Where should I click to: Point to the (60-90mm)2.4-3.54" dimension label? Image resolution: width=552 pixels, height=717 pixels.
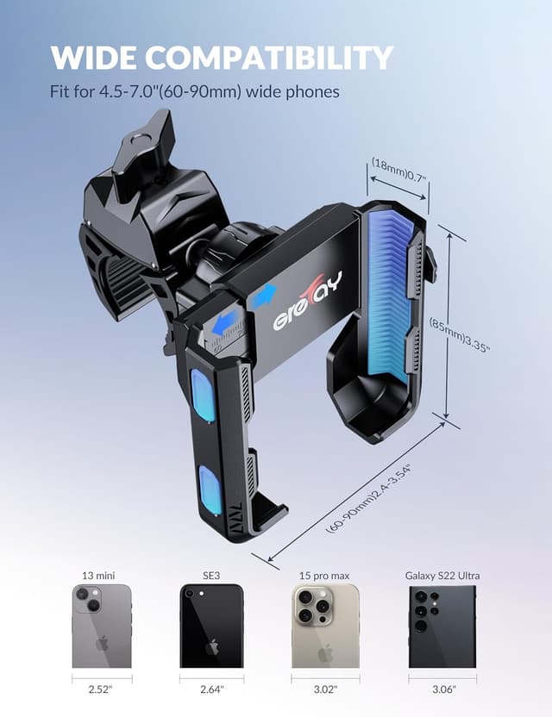tap(369, 498)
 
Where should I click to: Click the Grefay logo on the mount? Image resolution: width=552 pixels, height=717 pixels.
tap(307, 302)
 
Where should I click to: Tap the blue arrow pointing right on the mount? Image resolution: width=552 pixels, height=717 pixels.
tap(262, 296)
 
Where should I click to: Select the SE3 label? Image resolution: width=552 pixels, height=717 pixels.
tap(211, 576)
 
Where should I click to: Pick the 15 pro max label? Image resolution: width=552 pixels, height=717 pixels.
tap(325, 576)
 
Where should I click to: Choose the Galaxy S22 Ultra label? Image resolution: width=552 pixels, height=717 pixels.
tap(442, 576)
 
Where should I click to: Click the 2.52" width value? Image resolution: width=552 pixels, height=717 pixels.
tap(101, 689)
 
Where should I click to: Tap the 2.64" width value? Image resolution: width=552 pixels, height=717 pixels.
tap(211, 689)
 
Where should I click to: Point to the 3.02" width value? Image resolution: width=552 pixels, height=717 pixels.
tap(325, 689)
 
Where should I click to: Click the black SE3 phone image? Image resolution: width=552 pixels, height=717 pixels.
tap(211, 627)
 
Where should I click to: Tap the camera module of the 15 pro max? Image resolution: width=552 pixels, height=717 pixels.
tap(312, 608)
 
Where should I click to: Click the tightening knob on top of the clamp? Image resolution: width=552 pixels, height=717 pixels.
tap(144, 147)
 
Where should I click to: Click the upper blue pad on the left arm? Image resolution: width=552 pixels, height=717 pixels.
tap(203, 395)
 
